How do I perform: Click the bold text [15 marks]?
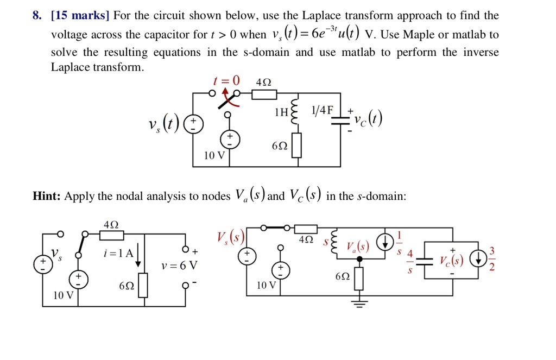click(x=80, y=15)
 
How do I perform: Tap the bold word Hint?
click(x=46, y=196)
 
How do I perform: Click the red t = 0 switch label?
click(x=226, y=81)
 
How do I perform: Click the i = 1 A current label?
click(x=118, y=253)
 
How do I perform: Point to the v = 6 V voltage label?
click(x=179, y=266)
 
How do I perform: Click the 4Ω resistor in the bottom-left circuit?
click(x=111, y=235)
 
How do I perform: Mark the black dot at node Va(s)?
click(x=359, y=260)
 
